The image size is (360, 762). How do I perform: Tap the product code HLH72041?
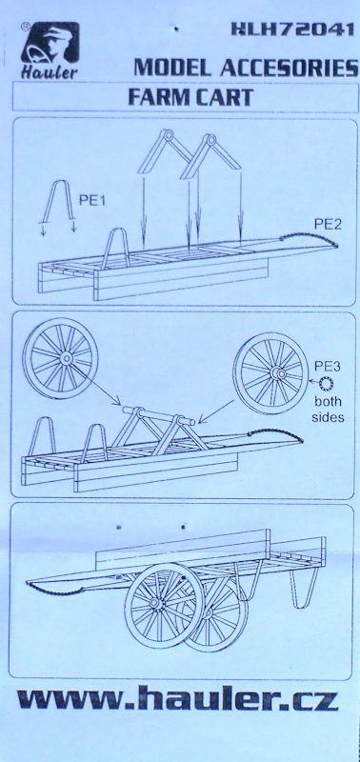(x=292, y=30)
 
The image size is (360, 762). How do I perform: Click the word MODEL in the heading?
(x=172, y=68)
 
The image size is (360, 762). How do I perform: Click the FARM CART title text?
(x=190, y=97)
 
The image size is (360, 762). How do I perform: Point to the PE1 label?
(x=92, y=200)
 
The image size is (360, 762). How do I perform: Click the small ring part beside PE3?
(x=326, y=385)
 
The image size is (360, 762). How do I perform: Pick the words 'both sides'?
(x=328, y=410)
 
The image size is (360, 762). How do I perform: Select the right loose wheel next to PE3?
(x=270, y=373)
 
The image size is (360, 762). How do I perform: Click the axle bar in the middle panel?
(x=158, y=414)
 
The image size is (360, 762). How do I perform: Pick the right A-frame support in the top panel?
(x=210, y=155)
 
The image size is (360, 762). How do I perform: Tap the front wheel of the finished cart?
(x=164, y=600)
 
